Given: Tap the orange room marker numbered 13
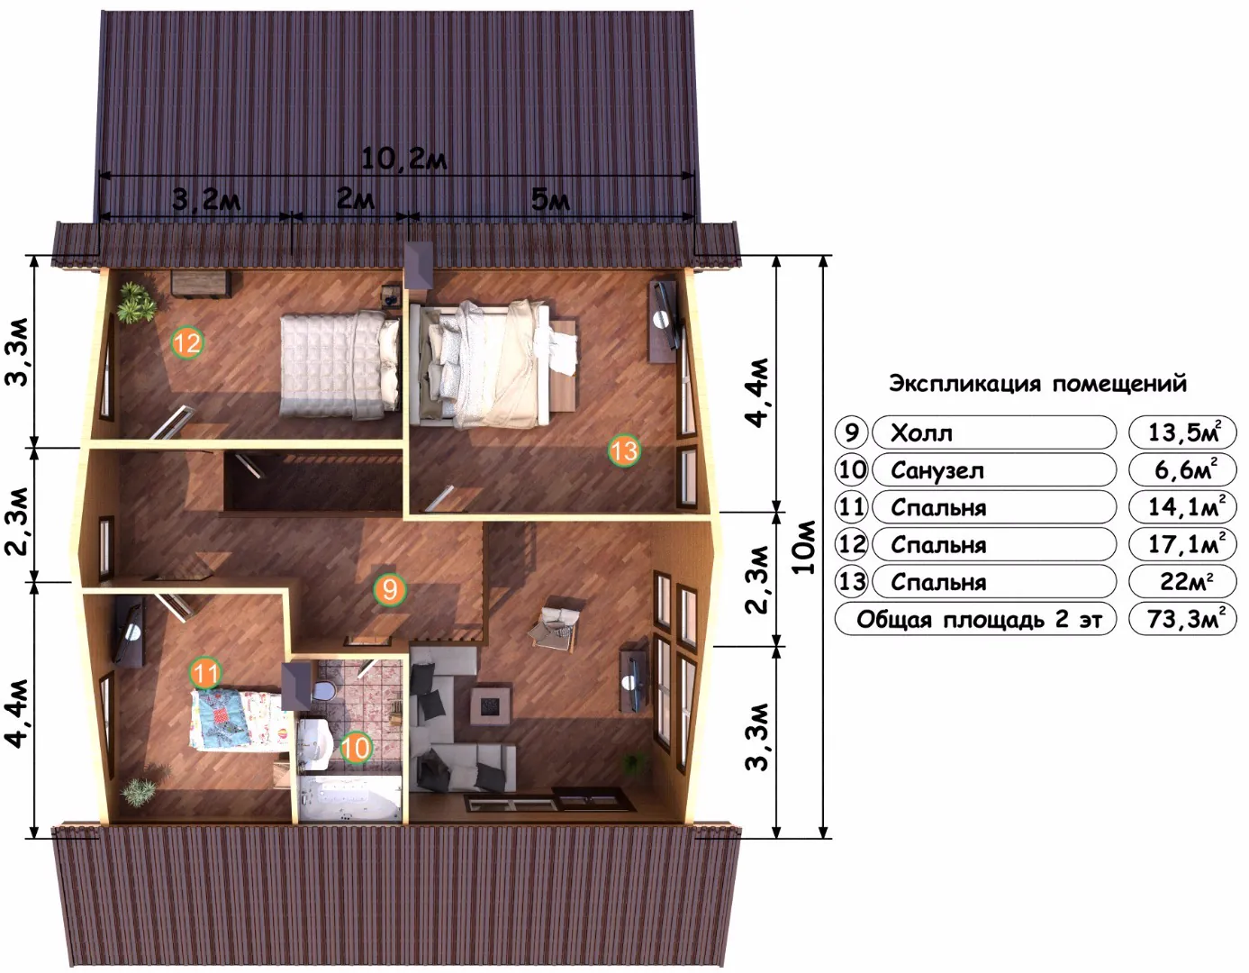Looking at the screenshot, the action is (624, 450).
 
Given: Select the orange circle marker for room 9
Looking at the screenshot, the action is (390, 589).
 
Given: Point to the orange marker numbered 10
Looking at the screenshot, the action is (356, 748).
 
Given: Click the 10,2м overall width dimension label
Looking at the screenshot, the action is (404, 159).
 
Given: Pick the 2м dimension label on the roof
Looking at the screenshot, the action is (355, 198).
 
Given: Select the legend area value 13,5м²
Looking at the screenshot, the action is (1183, 432).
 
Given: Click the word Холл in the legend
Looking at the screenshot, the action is (921, 433).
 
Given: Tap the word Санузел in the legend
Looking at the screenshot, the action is (937, 471).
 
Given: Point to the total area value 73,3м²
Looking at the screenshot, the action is (1183, 619).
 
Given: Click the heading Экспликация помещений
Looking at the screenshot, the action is (1038, 384).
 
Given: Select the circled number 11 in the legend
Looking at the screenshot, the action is (851, 507).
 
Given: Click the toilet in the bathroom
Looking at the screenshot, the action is (322, 690).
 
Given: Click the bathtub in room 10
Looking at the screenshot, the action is (350, 799).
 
